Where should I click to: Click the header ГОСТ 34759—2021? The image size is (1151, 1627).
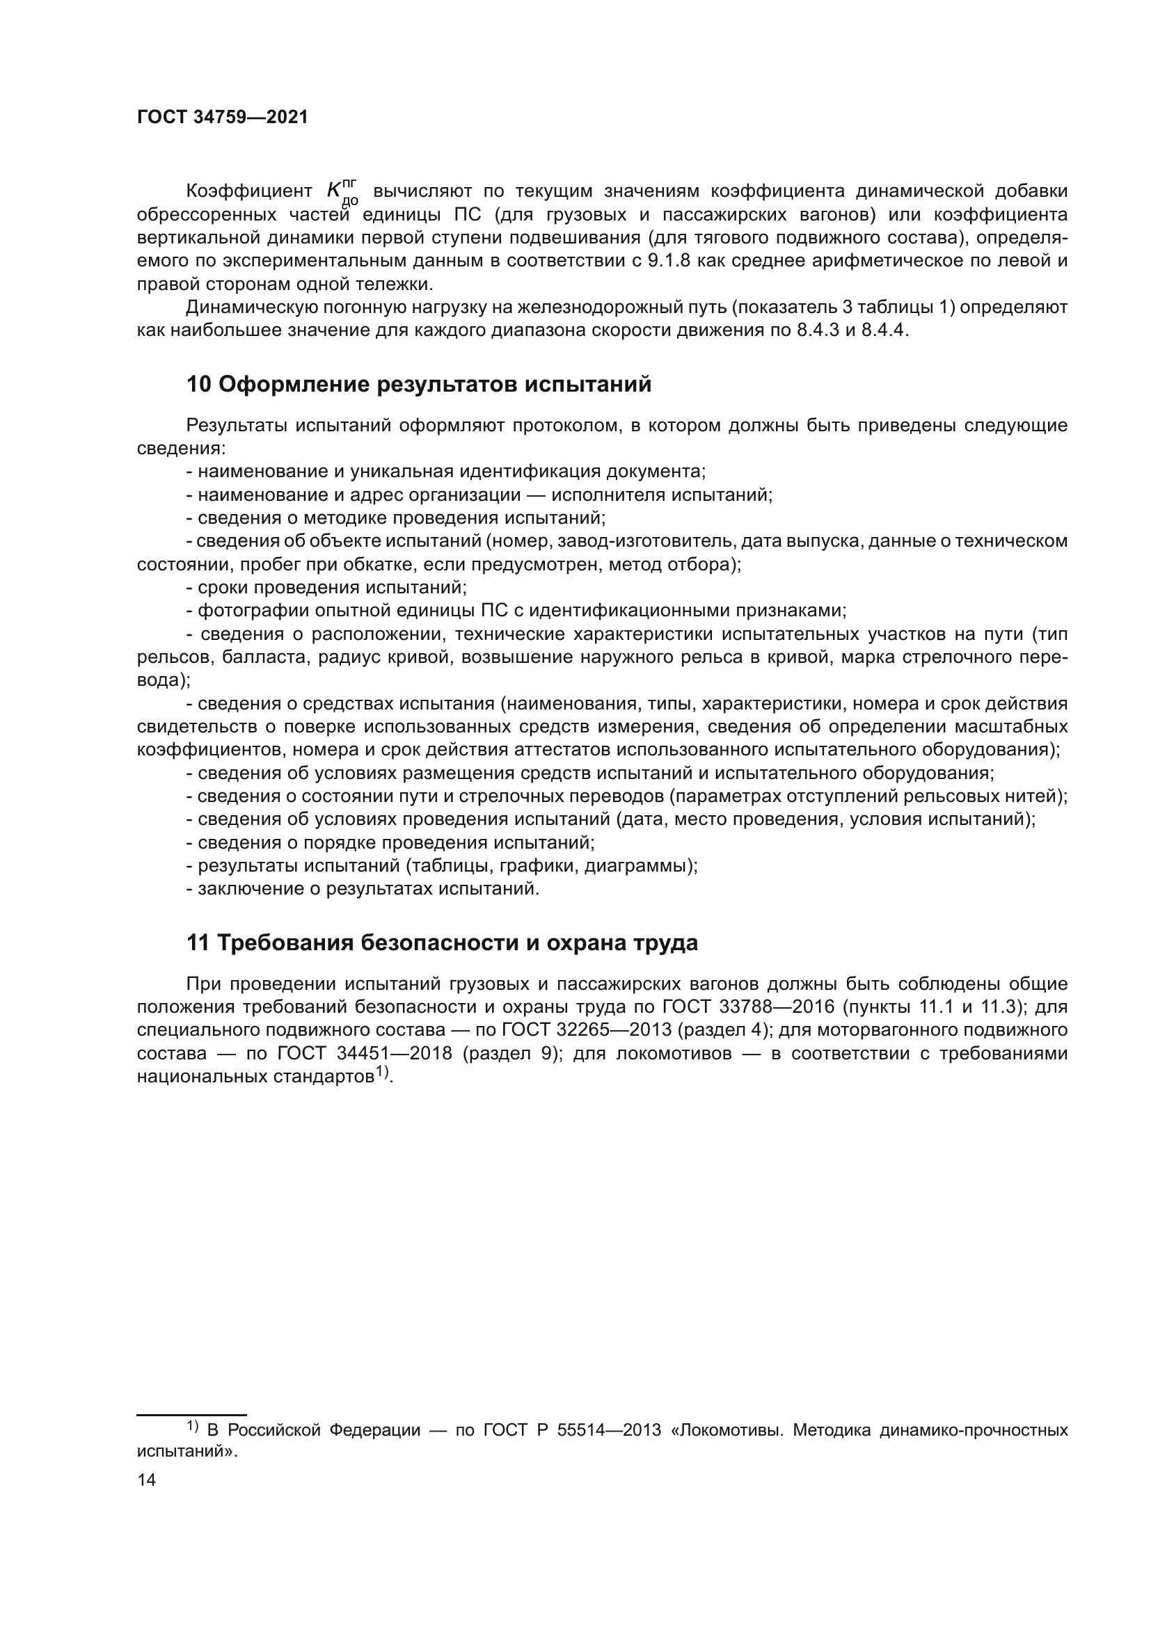point(223,118)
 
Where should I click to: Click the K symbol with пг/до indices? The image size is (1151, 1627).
point(342,192)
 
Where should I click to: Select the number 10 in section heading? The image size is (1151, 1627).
point(198,385)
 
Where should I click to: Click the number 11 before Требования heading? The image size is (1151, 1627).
point(198,943)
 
